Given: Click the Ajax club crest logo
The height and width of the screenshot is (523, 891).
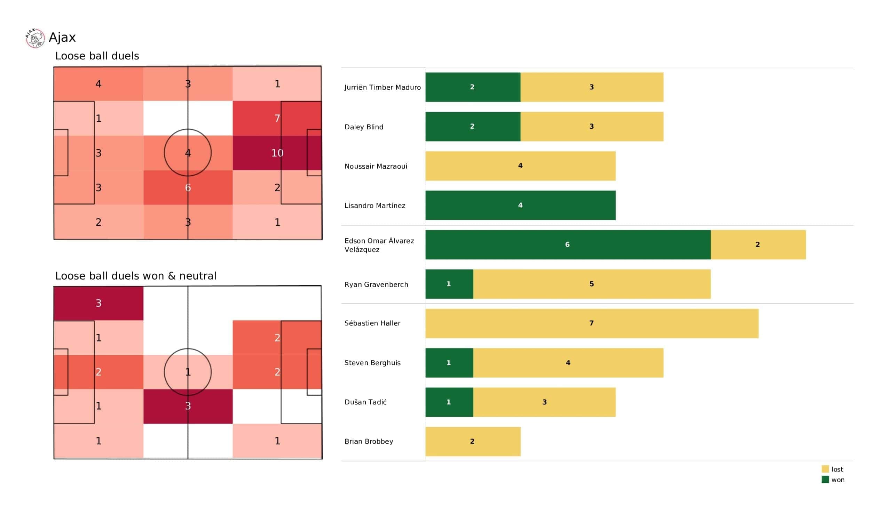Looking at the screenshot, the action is (x=35, y=38).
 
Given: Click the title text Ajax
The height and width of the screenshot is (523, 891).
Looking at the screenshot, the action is (x=62, y=38).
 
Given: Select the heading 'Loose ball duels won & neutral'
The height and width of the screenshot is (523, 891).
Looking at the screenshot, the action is (x=136, y=276).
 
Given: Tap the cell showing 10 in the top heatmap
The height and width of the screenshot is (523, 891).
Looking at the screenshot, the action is (x=277, y=153).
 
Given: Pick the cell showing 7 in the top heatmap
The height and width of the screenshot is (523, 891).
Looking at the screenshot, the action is (x=277, y=118).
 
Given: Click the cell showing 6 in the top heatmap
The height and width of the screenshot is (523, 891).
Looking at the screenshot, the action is (x=188, y=188).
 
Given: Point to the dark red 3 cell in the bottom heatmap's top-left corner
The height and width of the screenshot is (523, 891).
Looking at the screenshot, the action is (x=98, y=303).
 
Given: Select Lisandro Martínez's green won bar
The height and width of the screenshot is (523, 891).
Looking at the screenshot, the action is (x=520, y=205).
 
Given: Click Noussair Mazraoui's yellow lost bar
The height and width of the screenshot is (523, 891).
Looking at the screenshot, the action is (x=520, y=166).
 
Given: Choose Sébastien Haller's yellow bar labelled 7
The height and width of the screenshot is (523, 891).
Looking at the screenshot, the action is (x=592, y=323).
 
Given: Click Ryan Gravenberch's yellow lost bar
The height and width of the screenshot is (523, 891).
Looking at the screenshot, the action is (x=592, y=284).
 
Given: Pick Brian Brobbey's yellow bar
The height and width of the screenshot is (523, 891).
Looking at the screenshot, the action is (x=473, y=441).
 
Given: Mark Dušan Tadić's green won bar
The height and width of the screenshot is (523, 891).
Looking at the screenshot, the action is (x=449, y=402).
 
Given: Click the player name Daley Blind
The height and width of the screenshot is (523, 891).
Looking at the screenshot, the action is (x=364, y=127).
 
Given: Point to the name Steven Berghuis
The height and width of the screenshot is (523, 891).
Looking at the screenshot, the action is (x=372, y=363).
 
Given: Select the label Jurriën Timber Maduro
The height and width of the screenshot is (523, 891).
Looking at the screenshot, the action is (x=383, y=87).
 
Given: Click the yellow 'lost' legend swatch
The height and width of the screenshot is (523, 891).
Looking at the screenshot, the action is (x=825, y=469).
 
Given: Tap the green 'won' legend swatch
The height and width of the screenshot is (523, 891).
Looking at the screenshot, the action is (x=825, y=480).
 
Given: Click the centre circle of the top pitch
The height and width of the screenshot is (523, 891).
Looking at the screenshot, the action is (x=188, y=129).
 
